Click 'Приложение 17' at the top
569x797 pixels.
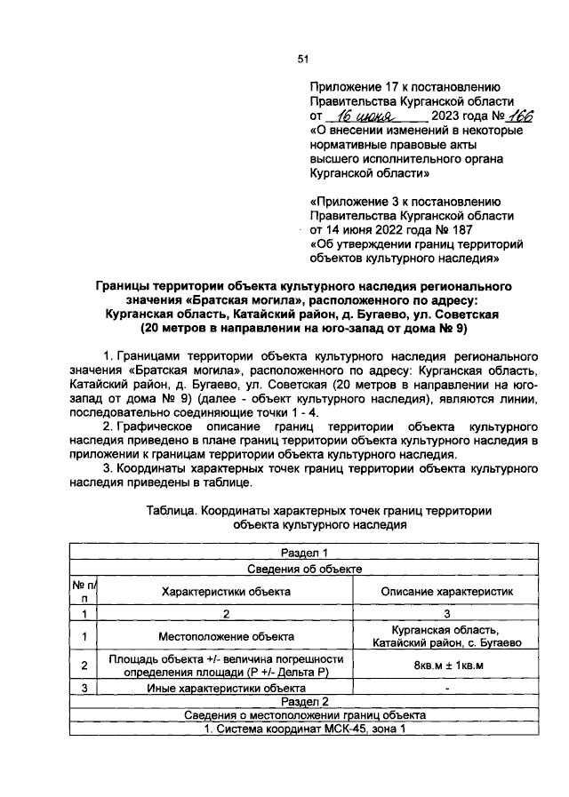click(352, 87)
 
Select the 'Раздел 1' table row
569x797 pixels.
click(304, 553)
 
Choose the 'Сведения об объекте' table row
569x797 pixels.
click(304, 568)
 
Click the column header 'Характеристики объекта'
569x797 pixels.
click(226, 591)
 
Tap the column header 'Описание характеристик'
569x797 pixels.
click(447, 591)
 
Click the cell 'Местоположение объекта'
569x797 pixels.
click(226, 636)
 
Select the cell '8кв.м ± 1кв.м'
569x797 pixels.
click(447, 665)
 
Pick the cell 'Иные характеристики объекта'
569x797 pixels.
click(226, 687)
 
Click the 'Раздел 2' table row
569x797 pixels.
click(304, 701)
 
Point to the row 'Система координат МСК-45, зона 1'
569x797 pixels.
click(304, 729)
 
